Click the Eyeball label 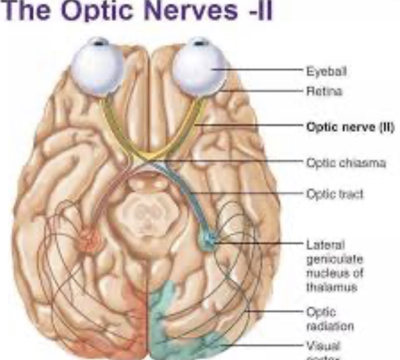(326, 72)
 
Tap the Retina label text (325, 91)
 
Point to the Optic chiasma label (346, 162)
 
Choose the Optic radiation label (330, 319)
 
